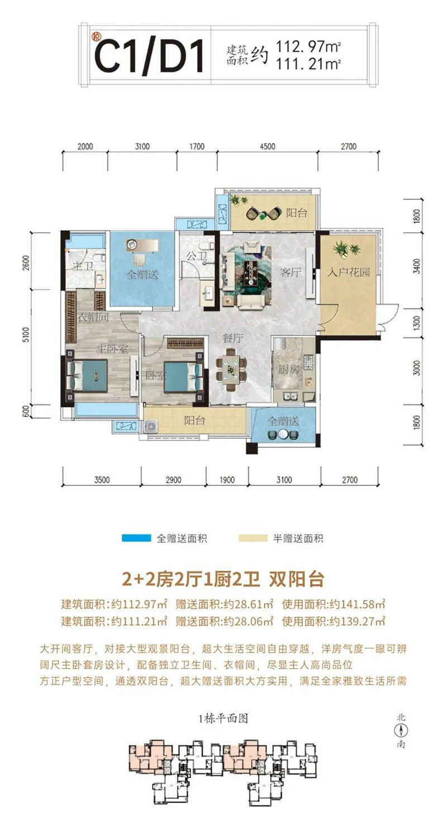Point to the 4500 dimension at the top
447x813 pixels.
(267, 147)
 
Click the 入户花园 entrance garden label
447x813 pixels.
(345, 274)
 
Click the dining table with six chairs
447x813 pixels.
(232, 370)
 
